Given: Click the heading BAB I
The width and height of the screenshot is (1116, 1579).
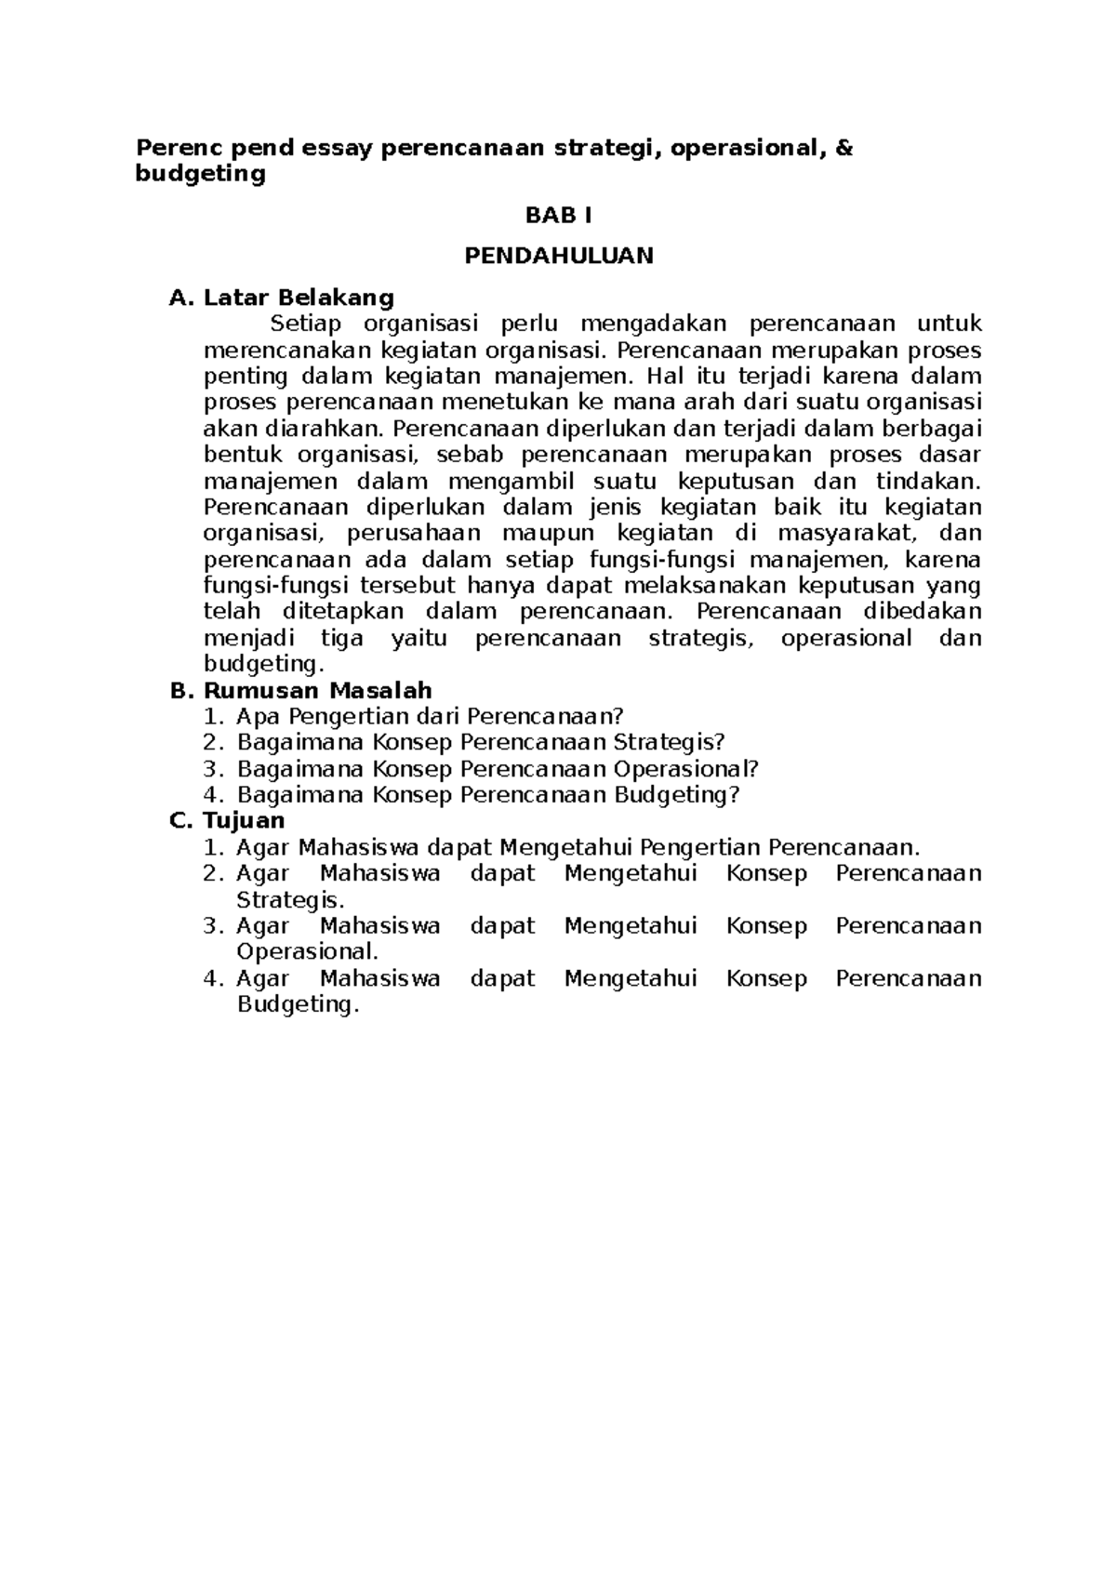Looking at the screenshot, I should tap(558, 216).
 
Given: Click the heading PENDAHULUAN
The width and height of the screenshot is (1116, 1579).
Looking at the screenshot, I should tap(558, 256).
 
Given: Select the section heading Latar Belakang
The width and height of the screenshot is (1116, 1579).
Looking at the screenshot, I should tap(299, 298).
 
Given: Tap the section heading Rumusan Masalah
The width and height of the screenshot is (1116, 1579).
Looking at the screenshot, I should tap(317, 690).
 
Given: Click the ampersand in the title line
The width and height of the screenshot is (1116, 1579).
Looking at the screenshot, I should tap(844, 147).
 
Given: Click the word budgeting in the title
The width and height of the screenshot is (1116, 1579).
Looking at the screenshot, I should tap(200, 174).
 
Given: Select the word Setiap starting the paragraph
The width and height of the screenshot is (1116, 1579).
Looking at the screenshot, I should tap(306, 324).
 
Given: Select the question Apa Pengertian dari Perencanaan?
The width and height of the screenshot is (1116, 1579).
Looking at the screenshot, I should tap(429, 716).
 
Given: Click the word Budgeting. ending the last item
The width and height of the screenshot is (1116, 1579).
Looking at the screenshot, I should tap(297, 1005).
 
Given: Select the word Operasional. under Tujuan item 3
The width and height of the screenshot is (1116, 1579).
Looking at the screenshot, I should tap(307, 952).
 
